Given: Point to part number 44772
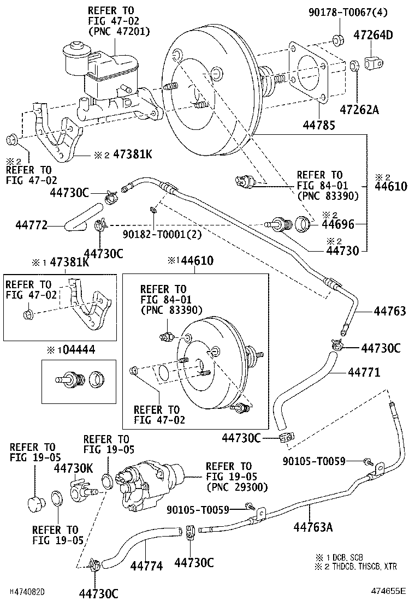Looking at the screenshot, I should (x=32, y=224).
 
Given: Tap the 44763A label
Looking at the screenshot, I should (x=313, y=527).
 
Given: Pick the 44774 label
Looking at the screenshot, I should (x=146, y=566).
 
